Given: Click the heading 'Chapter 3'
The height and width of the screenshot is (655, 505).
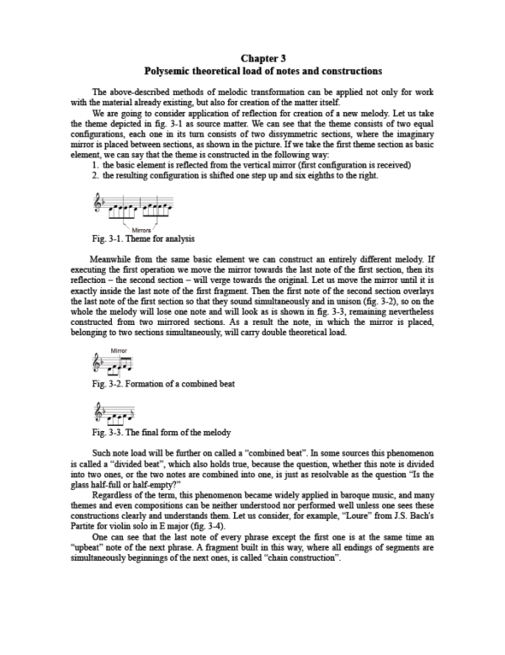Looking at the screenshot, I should pos(263,58).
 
